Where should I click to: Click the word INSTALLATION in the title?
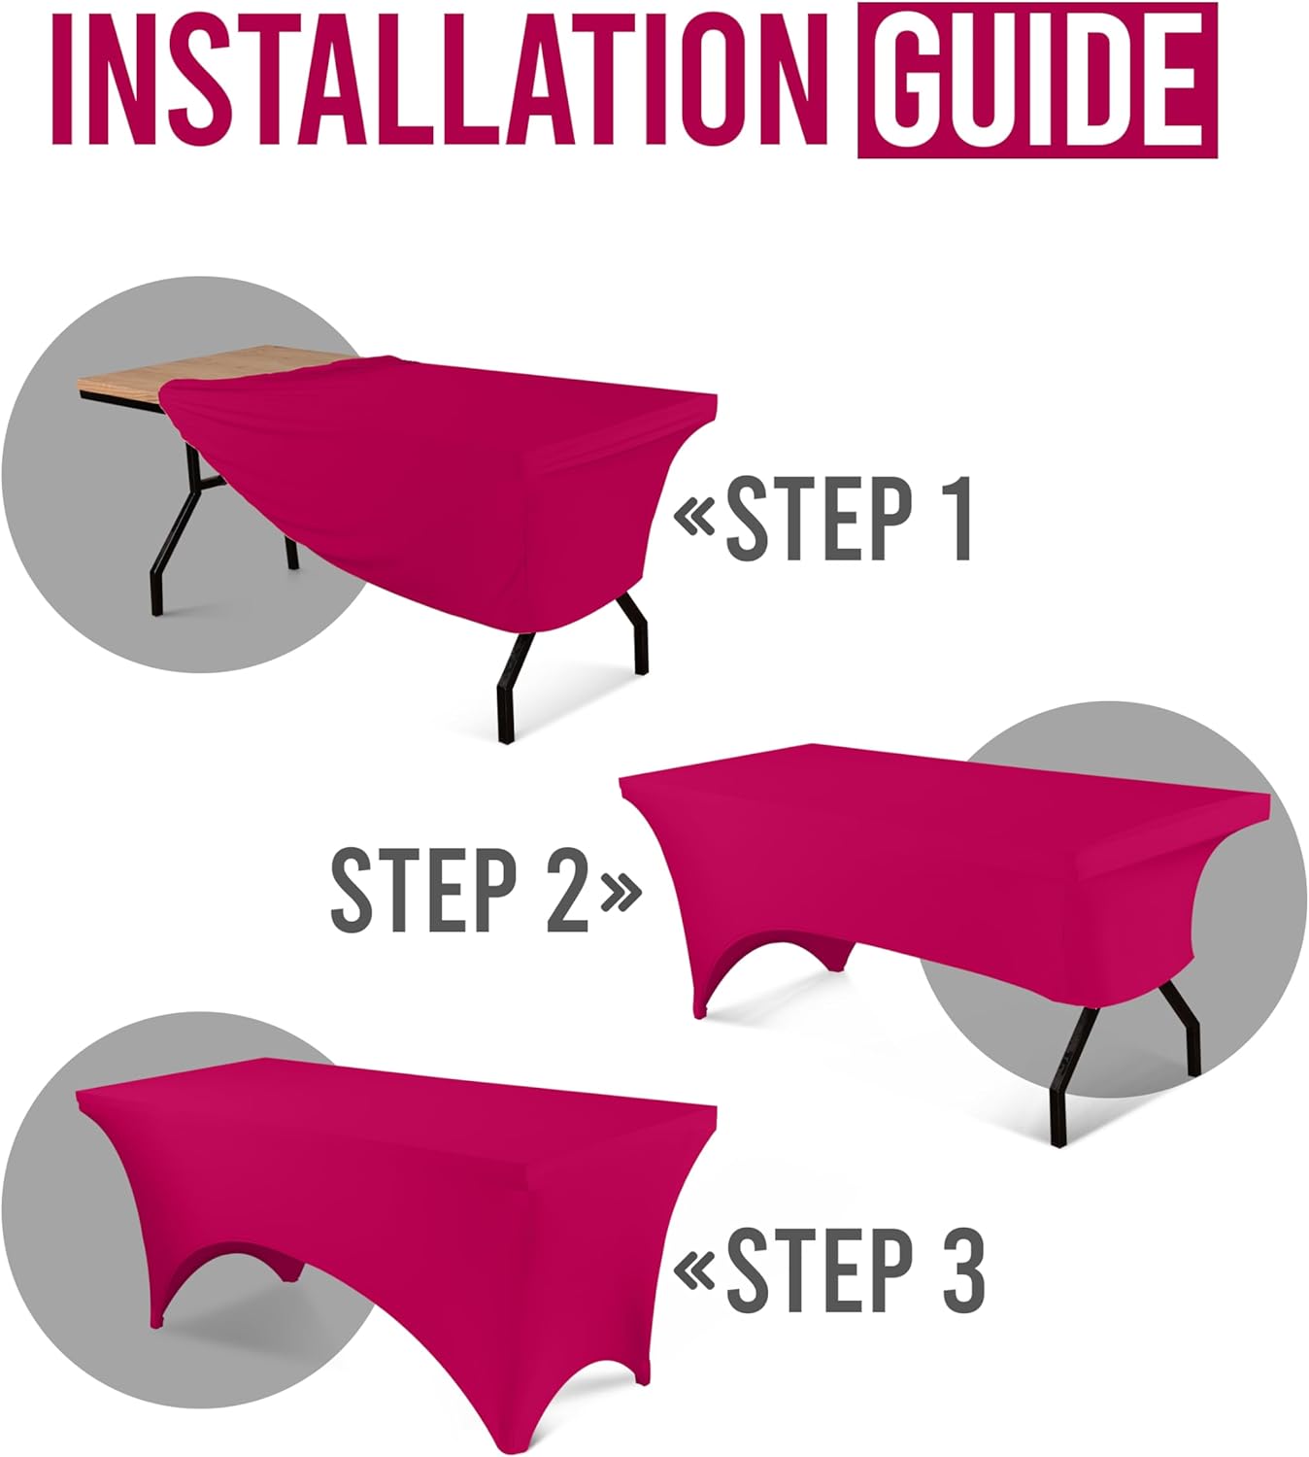[x=437, y=83]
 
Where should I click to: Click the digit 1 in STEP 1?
[x=956, y=519]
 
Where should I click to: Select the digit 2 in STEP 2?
[x=566, y=889]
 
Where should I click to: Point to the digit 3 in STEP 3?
[x=961, y=1270]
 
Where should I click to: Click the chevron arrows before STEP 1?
[x=695, y=519]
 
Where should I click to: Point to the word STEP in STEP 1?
[x=819, y=519]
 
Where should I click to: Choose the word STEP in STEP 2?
[x=422, y=889]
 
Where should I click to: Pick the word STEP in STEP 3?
[x=819, y=1270]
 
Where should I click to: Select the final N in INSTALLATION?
[x=784, y=83]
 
